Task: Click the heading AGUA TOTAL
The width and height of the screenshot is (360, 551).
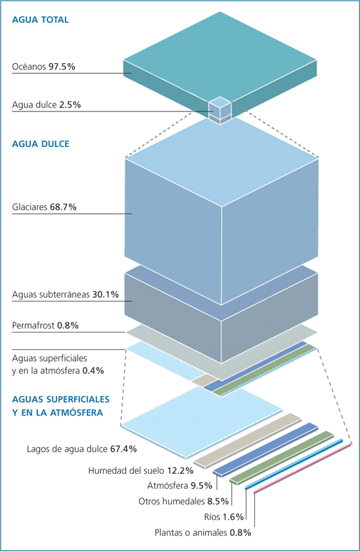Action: pos(40,19)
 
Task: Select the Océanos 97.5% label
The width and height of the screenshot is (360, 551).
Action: pos(43,67)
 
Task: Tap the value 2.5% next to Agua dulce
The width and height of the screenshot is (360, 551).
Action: pos(70,105)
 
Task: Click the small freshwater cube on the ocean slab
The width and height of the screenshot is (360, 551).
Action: pos(220,110)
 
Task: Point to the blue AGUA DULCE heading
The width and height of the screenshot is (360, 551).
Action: pos(41,144)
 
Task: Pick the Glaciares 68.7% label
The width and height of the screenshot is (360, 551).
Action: pos(44,207)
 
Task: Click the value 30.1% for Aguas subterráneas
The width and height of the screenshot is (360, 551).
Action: pos(106,294)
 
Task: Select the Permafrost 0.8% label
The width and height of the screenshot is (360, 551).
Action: pos(45,325)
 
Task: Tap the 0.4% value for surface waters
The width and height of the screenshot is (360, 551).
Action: pos(93,371)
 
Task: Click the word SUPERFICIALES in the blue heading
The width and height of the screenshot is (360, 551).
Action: pos(78,399)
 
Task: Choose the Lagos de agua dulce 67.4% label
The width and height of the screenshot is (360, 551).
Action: pos(82,449)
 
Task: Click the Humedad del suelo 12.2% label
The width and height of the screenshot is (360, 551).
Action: pos(141,471)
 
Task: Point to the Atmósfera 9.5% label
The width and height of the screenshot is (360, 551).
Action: pos(180,486)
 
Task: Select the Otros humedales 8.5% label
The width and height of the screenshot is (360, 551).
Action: pos(184,501)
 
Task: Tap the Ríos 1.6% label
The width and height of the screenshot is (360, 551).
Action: pos(224,517)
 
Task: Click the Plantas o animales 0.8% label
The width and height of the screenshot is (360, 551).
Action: pos(203,533)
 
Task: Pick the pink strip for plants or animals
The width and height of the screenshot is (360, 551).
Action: pos(302,469)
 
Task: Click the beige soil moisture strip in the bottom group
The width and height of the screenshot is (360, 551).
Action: pos(248,441)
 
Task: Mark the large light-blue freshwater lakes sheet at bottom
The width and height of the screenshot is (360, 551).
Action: pos(202,423)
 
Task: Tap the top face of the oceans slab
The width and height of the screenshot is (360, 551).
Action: pos(220,60)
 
